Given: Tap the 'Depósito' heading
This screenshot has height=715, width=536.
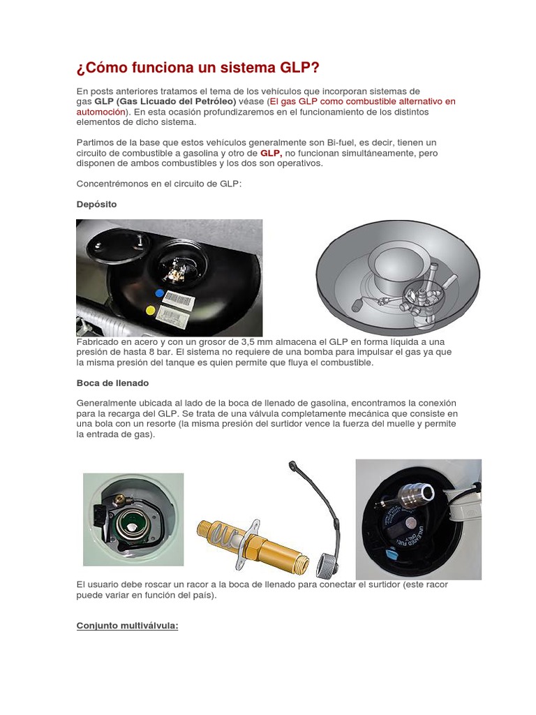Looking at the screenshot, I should point(96,205).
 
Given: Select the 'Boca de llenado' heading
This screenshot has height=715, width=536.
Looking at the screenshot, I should point(112,383).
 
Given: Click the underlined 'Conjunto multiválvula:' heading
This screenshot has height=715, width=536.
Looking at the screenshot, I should point(127,626).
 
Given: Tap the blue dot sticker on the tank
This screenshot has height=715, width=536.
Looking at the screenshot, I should point(160,293).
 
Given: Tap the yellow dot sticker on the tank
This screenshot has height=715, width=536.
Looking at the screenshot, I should point(149,308).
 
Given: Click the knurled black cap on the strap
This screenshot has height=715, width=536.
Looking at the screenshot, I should point(328,563).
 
